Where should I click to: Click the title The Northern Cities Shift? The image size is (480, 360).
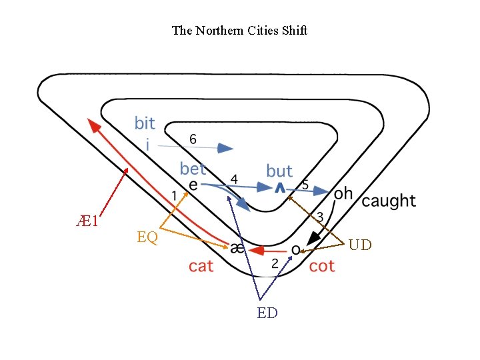(x=239, y=31)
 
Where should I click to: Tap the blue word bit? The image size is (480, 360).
(x=145, y=123)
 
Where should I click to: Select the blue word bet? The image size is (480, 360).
(x=193, y=169)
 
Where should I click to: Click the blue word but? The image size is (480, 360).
(x=279, y=171)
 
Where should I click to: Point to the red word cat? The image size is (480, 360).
(x=201, y=266)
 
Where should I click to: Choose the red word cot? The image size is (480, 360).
(x=322, y=266)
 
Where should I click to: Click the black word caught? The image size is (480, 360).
(x=389, y=201)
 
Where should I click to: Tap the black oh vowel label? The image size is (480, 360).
(x=343, y=194)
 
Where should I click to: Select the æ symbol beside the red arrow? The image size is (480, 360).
(x=237, y=249)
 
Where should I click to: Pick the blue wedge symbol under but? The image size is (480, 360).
(x=280, y=189)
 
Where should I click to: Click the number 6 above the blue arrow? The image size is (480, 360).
(x=193, y=139)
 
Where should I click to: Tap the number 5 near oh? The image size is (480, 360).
(x=305, y=185)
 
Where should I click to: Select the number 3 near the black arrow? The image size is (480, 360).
(x=320, y=217)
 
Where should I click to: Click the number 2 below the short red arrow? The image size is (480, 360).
(x=275, y=264)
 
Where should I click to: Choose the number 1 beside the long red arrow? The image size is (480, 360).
(x=174, y=196)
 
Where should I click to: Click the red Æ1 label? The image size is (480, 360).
(x=87, y=221)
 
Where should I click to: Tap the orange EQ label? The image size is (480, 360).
(x=147, y=237)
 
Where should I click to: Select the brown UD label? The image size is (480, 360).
(x=360, y=245)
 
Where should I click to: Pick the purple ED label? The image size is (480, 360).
(x=267, y=313)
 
